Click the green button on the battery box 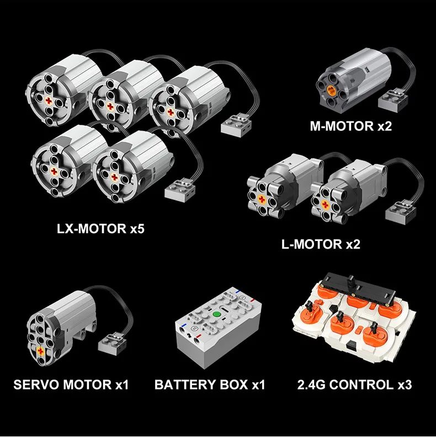click(216, 315)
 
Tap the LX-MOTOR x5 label click(100, 229)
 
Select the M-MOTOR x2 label click(351, 127)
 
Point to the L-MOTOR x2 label click(321, 244)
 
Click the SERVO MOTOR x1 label click(71, 385)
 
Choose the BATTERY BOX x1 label click(209, 385)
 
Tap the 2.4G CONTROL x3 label click(354, 385)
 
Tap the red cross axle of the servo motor click(40, 351)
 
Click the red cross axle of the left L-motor click(262, 199)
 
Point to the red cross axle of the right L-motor click(325, 204)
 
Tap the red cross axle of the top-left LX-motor click(49, 101)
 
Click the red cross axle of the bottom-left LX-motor click(54, 171)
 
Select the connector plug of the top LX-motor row click(236, 125)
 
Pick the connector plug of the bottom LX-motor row click(180, 191)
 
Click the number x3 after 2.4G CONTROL click(405, 385)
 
